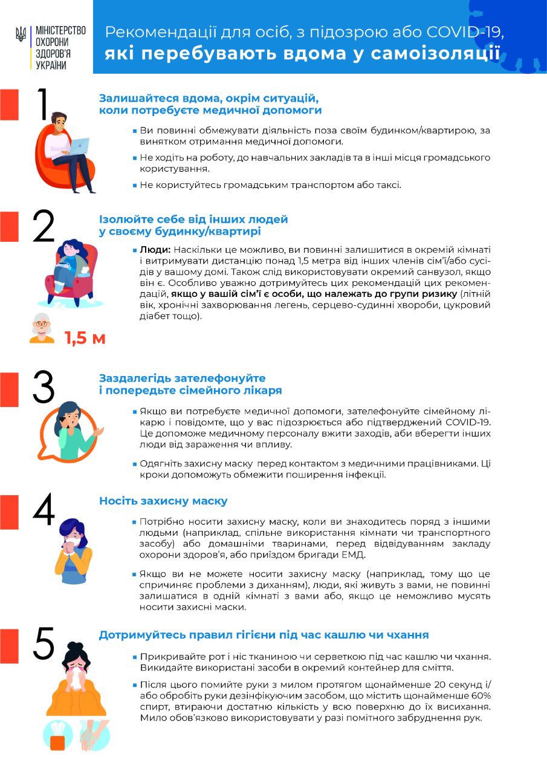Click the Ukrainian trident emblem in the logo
[21, 34]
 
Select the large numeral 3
[44, 387]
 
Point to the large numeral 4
[44, 510]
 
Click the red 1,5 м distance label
[85, 338]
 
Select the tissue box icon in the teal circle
[58, 735]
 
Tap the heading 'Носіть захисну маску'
[163, 501]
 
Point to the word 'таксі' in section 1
[387, 184]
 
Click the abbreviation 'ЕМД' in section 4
[353, 554]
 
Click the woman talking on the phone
[73, 429]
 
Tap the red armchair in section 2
[70, 275]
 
